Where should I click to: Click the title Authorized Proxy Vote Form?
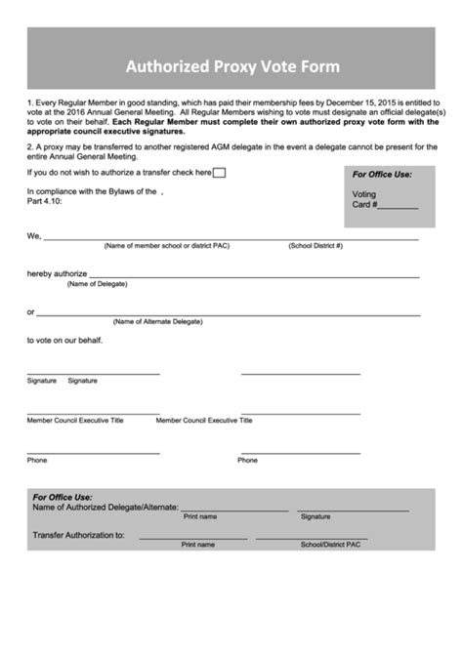click(231, 67)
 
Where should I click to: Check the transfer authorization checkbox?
click(220, 173)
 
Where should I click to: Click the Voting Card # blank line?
click(399, 206)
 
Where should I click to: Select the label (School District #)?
click(316, 246)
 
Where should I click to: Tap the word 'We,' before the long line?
click(34, 236)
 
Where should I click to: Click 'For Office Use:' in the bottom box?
click(63, 497)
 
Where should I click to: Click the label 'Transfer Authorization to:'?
click(78, 535)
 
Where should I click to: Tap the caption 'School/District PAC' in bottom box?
click(330, 544)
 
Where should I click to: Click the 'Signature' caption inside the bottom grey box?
click(316, 516)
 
